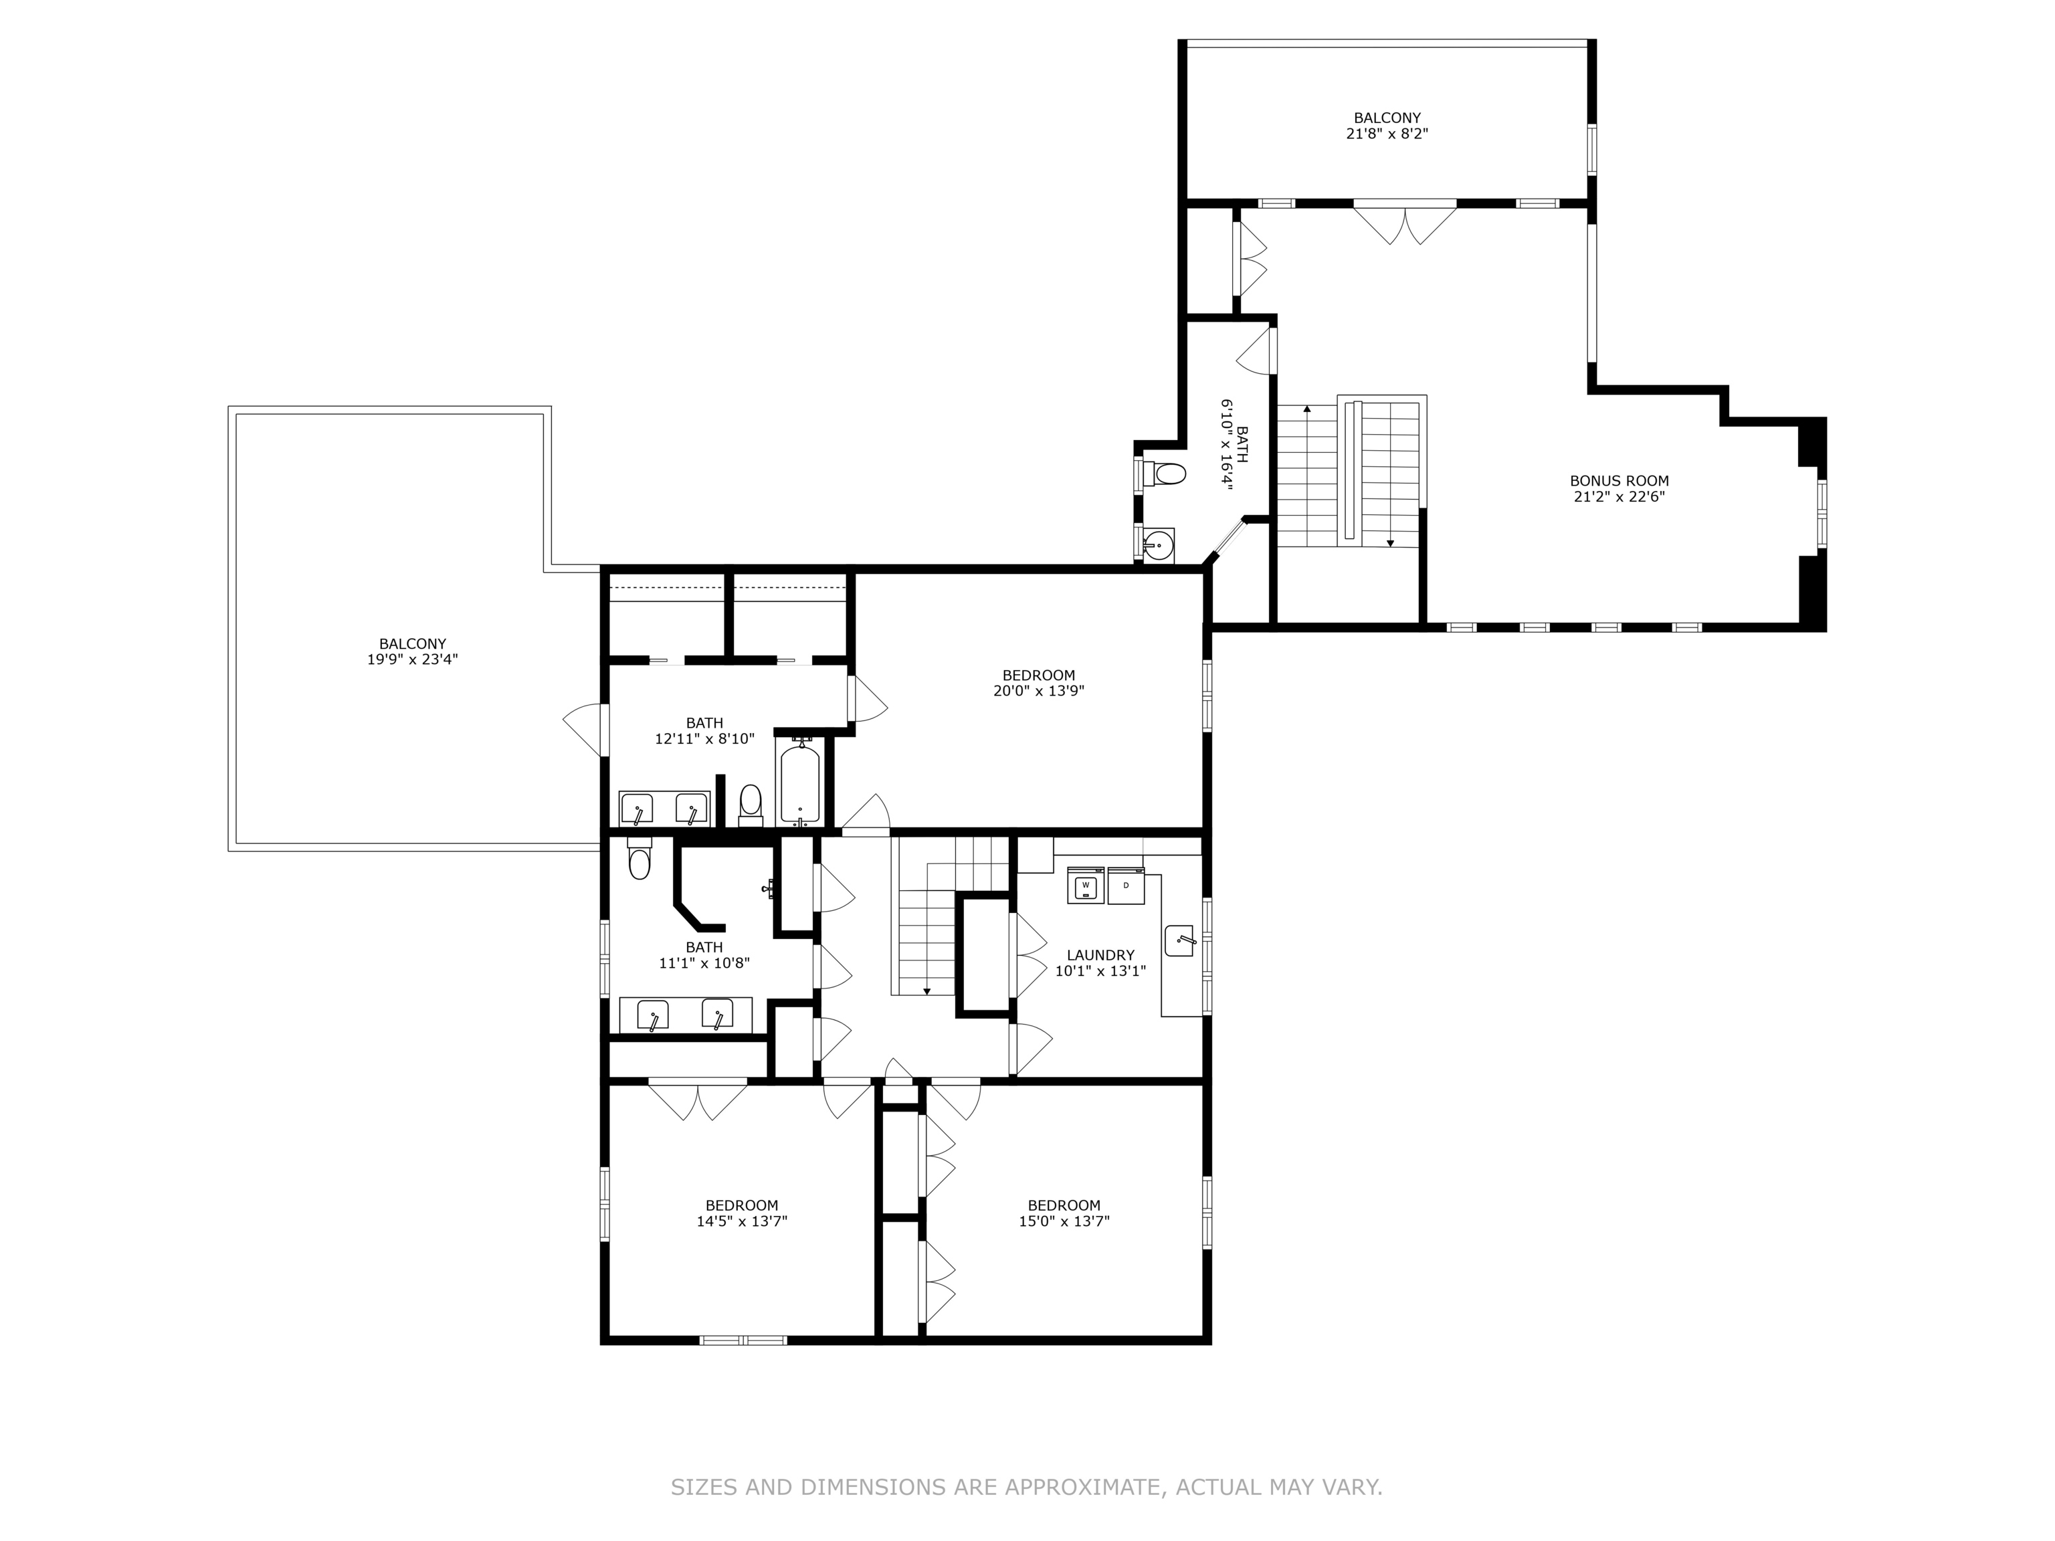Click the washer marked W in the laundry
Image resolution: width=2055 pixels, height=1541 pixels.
click(x=1085, y=886)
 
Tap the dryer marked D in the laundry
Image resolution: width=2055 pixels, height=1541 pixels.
click(x=1126, y=886)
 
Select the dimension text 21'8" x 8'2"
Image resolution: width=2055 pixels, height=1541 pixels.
click(x=1386, y=134)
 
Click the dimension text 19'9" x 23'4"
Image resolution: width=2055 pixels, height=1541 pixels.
click(x=413, y=659)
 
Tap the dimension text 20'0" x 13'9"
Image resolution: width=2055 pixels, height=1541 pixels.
click(x=1039, y=691)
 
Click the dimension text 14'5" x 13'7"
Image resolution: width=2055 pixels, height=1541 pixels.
click(x=741, y=1221)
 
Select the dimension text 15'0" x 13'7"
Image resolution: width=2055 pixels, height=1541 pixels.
click(x=1064, y=1221)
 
